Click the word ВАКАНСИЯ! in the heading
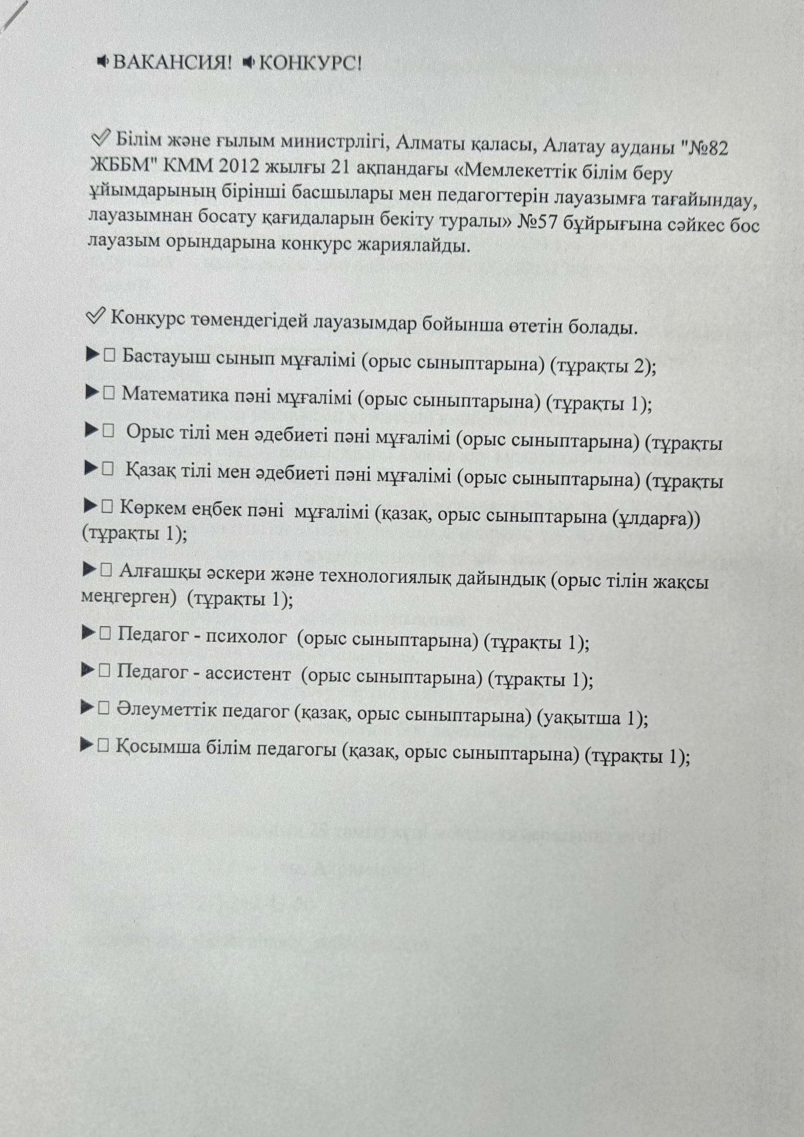pos(172,63)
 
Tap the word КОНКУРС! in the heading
pos(310,64)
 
